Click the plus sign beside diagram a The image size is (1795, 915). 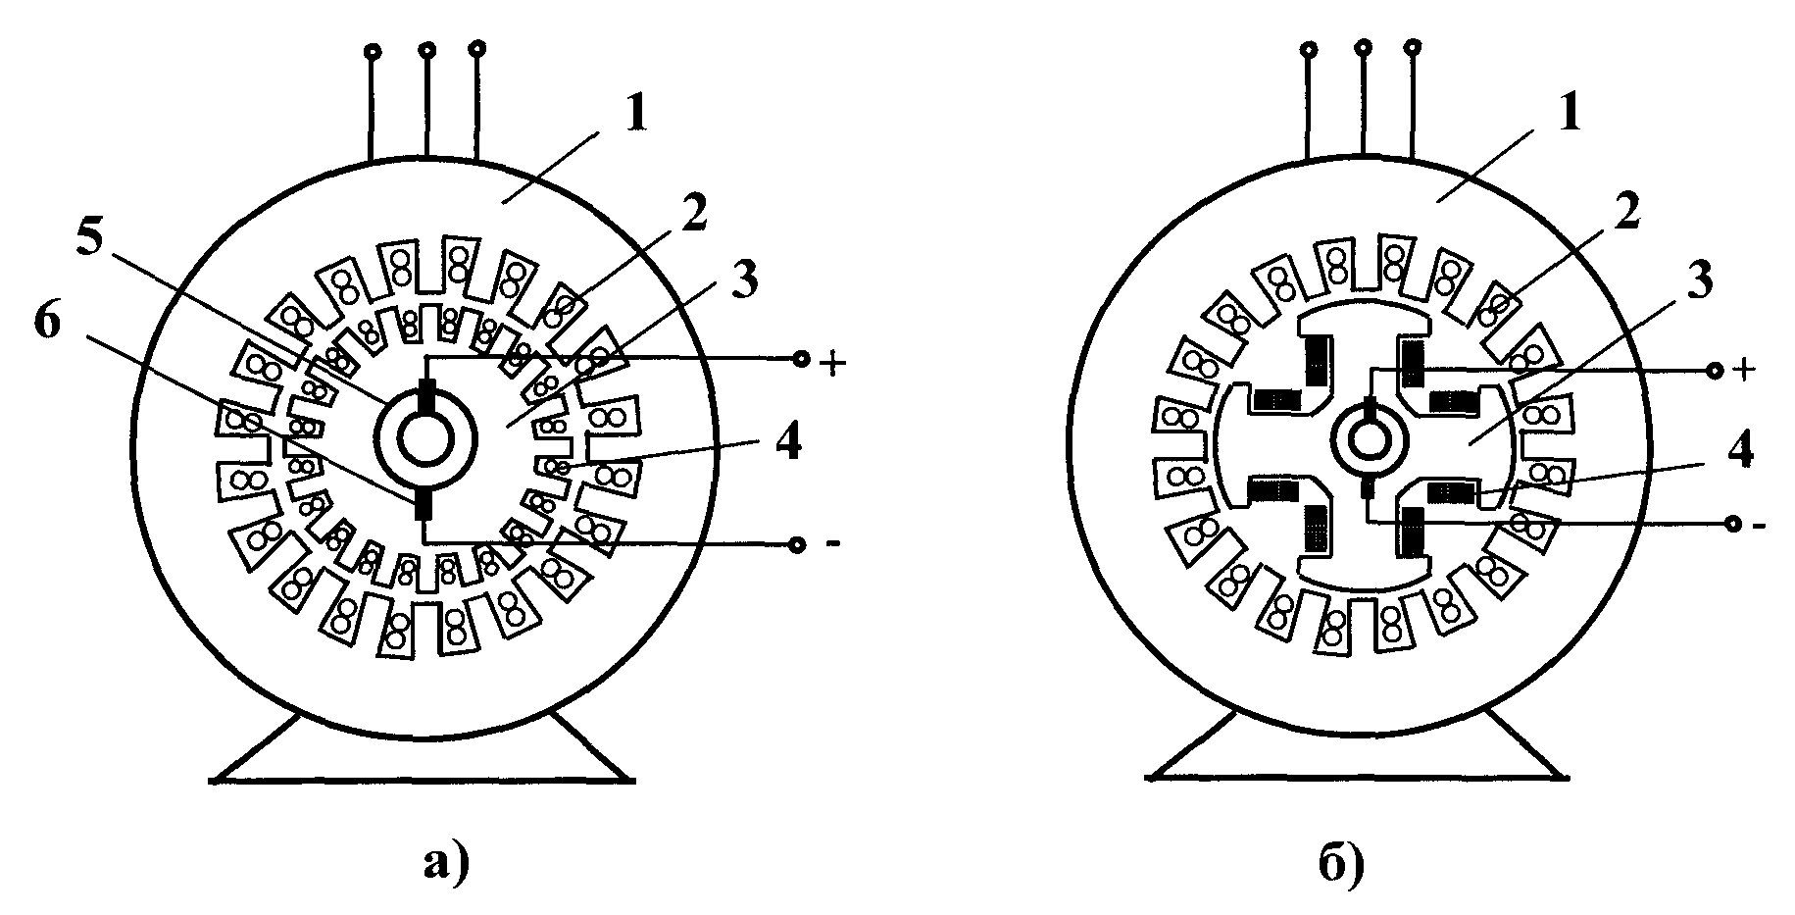tap(831, 363)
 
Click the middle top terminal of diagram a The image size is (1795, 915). tap(425, 48)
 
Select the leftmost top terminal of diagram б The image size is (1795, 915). tap(1308, 48)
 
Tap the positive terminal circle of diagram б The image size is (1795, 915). tap(1715, 370)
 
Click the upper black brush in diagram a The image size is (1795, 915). tap(425, 397)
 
